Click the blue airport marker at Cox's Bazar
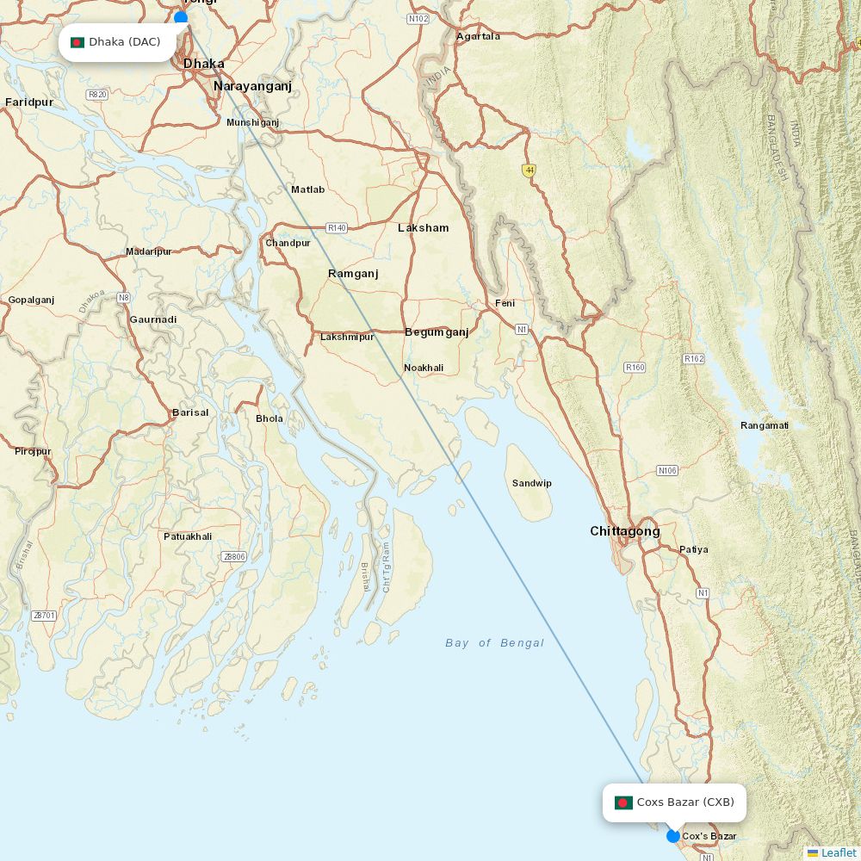[x=673, y=836]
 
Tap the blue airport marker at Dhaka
[x=181, y=17]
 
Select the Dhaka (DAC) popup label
[x=118, y=42]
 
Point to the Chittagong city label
[x=625, y=531]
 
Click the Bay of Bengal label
[x=494, y=643]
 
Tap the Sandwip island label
[x=532, y=483]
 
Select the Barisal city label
[x=190, y=412]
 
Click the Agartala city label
[x=478, y=36]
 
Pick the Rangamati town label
[x=765, y=425]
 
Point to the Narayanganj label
[x=252, y=86]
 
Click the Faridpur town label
[x=29, y=102]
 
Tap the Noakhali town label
[x=424, y=368]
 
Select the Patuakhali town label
[x=188, y=536]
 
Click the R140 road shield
[x=337, y=228]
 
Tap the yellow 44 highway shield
[x=529, y=170]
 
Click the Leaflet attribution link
[x=838, y=852]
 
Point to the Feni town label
[x=505, y=303]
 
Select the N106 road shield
[x=667, y=470]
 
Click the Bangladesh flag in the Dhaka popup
[x=77, y=42]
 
